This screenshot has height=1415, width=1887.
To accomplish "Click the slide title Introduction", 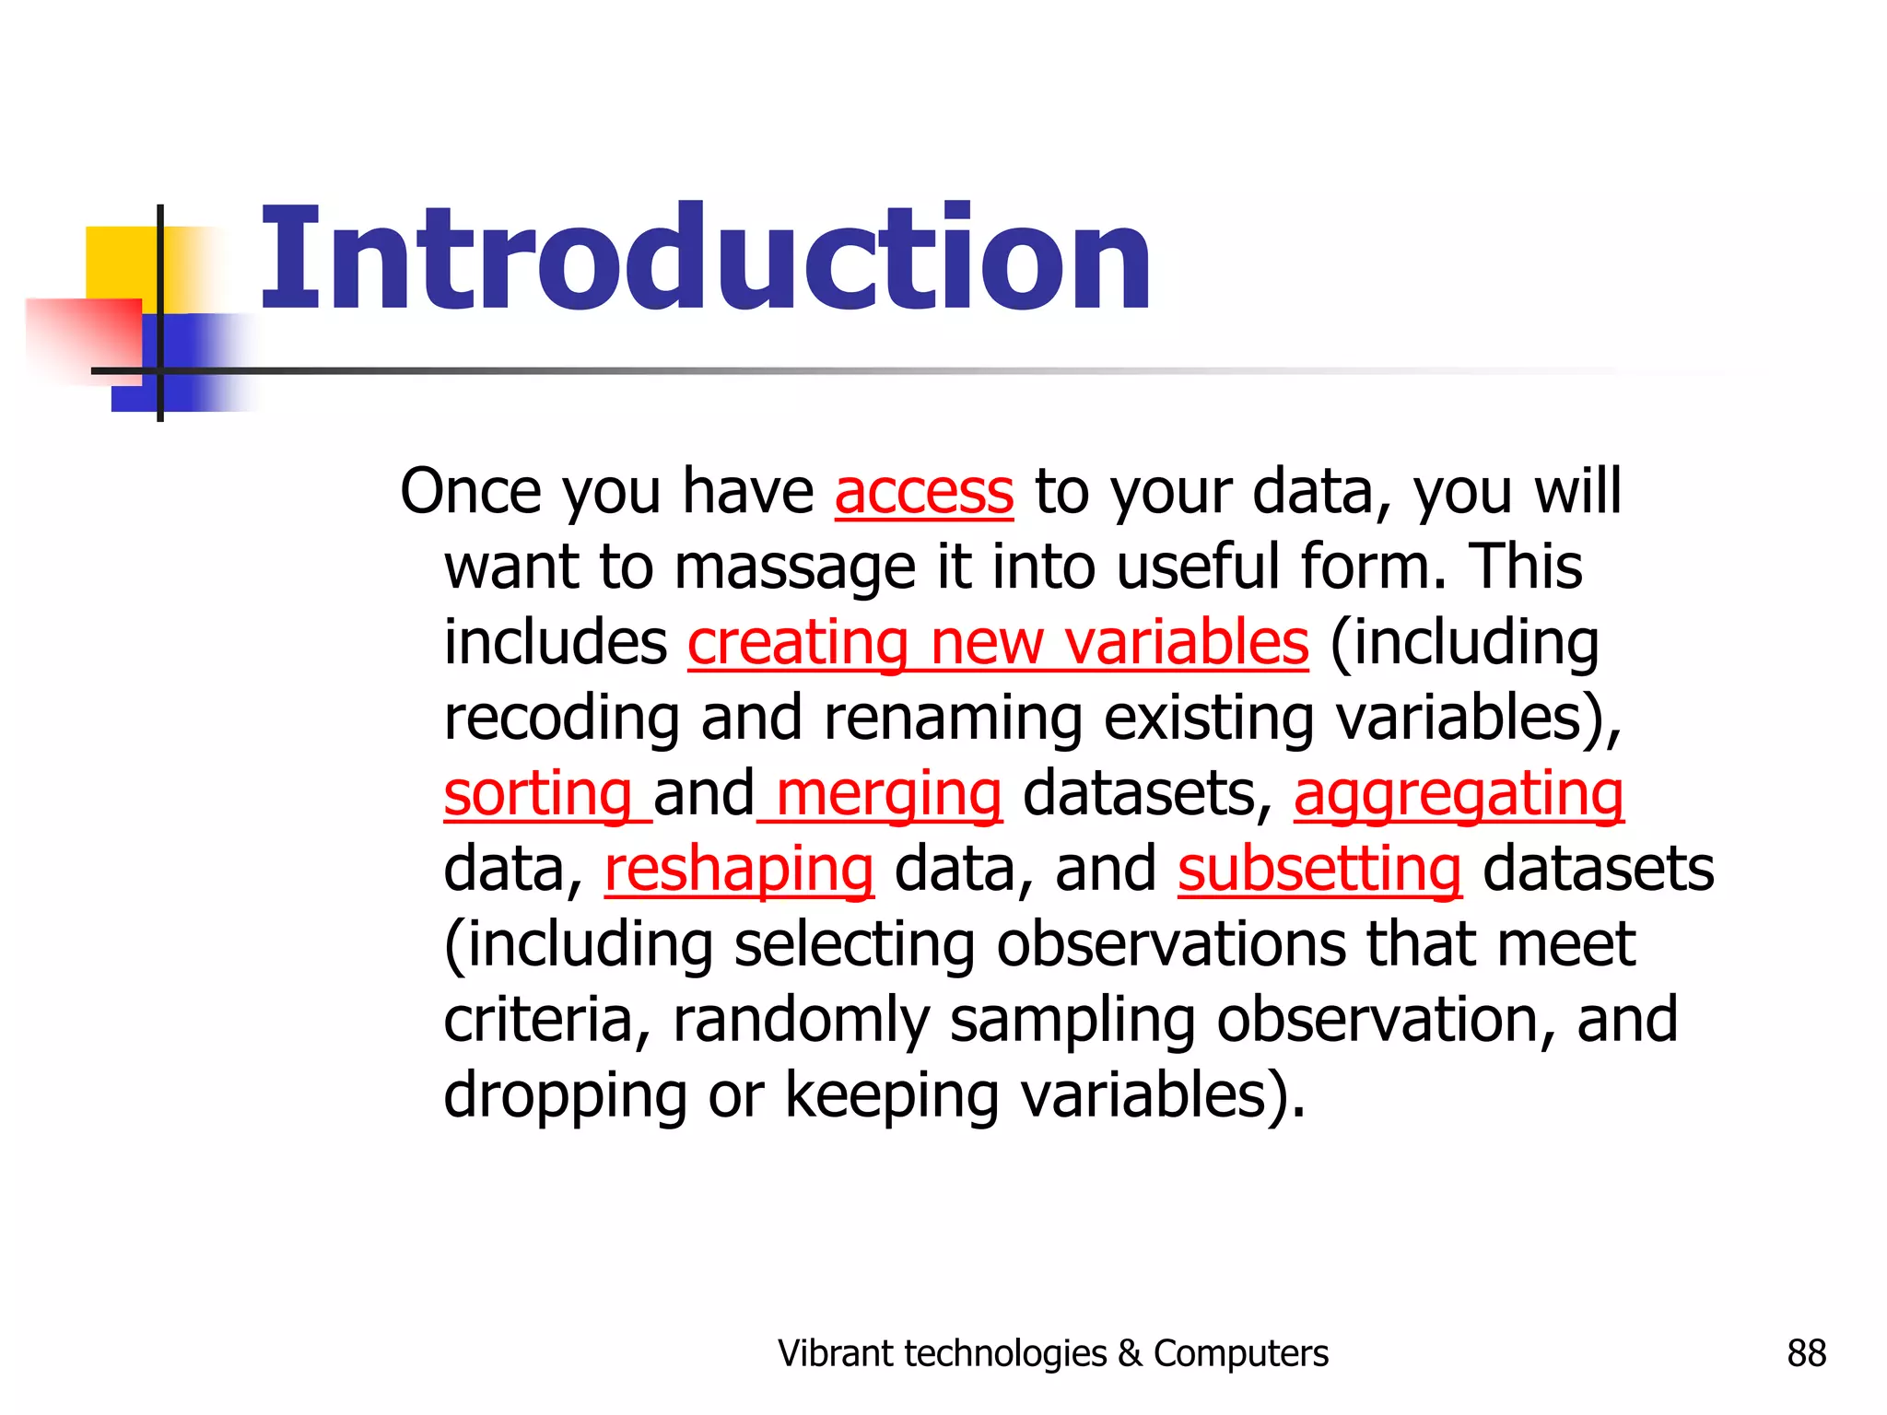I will [706, 259].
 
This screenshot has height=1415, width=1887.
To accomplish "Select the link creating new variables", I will [997, 643].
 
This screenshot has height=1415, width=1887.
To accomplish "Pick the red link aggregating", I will [1458, 794].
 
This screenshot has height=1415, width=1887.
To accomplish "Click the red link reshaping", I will [738, 870].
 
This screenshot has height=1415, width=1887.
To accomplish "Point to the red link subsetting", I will [1319, 870].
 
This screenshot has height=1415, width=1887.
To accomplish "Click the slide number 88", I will [1806, 1353].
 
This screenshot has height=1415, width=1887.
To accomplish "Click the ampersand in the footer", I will [1130, 1353].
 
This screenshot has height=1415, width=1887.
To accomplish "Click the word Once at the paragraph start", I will [471, 492].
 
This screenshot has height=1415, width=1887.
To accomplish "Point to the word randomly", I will [801, 1021].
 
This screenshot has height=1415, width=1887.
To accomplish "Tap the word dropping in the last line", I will [565, 1096].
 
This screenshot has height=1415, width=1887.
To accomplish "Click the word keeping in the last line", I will [891, 1096].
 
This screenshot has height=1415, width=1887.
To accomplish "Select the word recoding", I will [561, 719].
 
